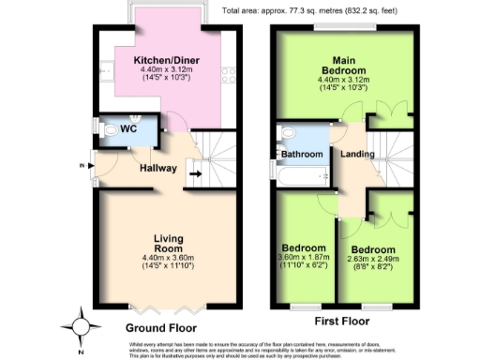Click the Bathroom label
coord(303,154)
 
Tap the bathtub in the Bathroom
coord(298,172)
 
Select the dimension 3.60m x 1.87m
coord(304,259)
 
